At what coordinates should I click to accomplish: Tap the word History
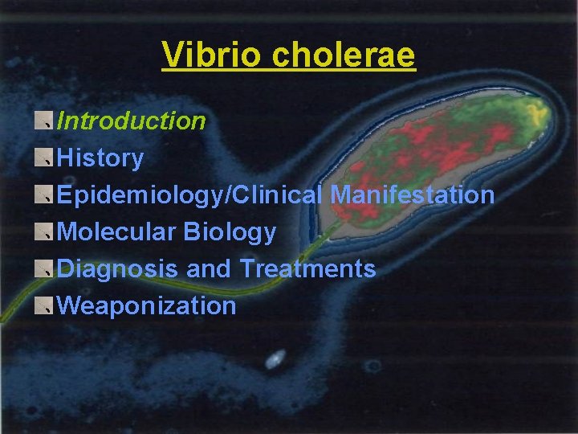pyautogui.click(x=101, y=158)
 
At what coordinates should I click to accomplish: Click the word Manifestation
pyautogui.click(x=413, y=195)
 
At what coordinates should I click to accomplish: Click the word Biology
pyautogui.click(x=230, y=232)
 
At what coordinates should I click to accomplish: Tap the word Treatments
pyautogui.click(x=307, y=268)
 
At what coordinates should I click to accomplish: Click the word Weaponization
pyautogui.click(x=148, y=305)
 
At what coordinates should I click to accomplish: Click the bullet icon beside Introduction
pyautogui.click(x=45, y=121)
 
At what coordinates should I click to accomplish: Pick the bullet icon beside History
pyautogui.click(x=45, y=158)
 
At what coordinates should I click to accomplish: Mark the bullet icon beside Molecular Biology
pyautogui.click(x=45, y=232)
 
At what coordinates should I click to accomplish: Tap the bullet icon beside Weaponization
pyautogui.click(x=45, y=305)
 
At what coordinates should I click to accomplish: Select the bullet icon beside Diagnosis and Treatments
pyautogui.click(x=45, y=268)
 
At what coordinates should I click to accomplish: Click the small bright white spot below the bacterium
pyautogui.click(x=275, y=359)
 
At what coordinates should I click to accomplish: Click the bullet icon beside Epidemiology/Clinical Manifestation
pyautogui.click(x=45, y=195)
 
